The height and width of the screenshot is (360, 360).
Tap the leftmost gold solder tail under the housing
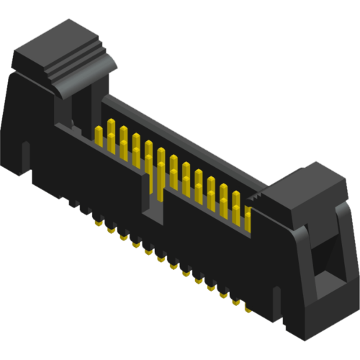pos(97,223)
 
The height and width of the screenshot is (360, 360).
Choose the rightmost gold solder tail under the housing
pos(247,308)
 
